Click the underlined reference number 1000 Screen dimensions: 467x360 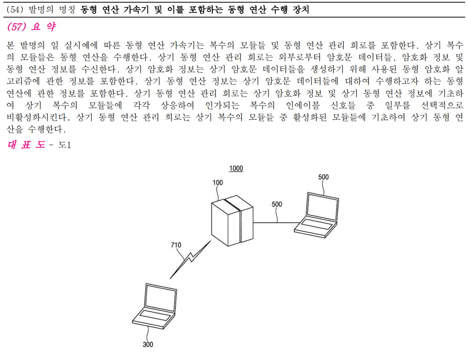click(x=236, y=168)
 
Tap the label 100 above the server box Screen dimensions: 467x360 click(x=217, y=182)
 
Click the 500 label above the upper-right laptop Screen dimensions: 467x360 click(x=323, y=177)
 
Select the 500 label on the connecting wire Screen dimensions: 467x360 click(x=277, y=204)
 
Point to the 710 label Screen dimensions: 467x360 click(x=176, y=245)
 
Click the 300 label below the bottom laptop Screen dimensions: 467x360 click(x=148, y=344)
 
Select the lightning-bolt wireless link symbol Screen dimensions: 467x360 click(x=190, y=259)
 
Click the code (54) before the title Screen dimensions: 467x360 click(x=15, y=10)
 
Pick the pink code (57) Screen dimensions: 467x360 click(x=16, y=27)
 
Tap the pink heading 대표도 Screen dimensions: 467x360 click(x=26, y=144)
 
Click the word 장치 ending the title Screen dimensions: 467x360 click(x=301, y=10)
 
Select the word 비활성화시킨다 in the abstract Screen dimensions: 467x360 click(x=37, y=118)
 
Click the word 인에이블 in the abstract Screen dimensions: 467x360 click(x=303, y=106)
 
